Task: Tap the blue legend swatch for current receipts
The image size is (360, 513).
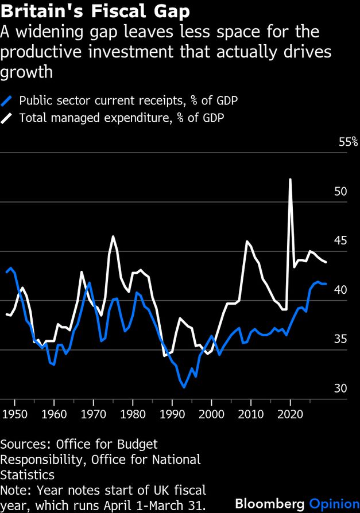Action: pos(7,101)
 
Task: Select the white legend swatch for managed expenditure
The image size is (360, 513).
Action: pos(7,118)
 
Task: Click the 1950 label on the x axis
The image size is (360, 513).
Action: pos(14,413)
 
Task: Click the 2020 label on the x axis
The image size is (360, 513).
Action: pos(291,413)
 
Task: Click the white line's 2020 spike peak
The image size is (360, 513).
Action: pos(291,180)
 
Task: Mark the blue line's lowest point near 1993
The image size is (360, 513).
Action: pos(184,387)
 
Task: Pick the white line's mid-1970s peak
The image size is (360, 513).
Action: pos(113,236)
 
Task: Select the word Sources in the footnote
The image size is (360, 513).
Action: pos(21,445)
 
